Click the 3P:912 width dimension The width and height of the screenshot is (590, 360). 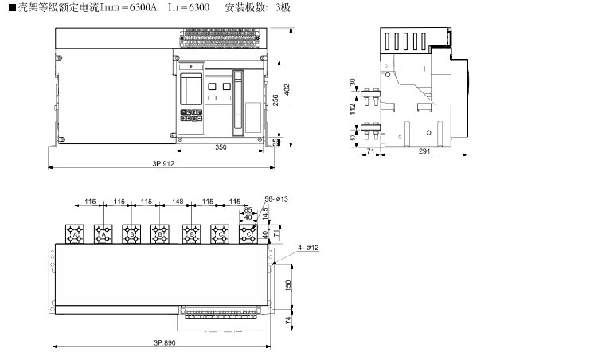coord(162,164)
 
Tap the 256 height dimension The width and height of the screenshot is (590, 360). coord(275,99)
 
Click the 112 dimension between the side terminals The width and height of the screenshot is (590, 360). coord(353,109)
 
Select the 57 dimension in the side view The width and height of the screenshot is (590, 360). coord(353,137)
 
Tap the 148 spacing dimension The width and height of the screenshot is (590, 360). coord(177,202)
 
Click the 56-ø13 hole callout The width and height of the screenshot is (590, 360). coord(276,198)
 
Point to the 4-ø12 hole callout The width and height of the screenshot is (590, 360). coord(307,248)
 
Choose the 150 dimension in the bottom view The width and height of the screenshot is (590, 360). coord(288,284)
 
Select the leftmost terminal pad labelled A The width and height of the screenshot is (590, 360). coord(75,233)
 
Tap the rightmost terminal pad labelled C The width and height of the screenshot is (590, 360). coord(250,233)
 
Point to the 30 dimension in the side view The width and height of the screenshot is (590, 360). coord(353,83)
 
